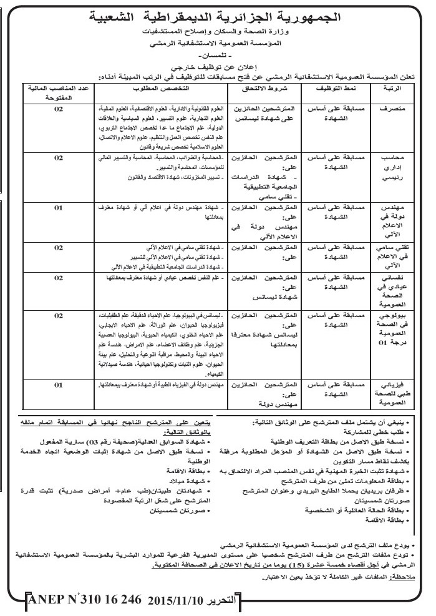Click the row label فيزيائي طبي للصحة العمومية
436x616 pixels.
pos(390,394)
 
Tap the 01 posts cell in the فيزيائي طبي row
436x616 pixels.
pos(59,385)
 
